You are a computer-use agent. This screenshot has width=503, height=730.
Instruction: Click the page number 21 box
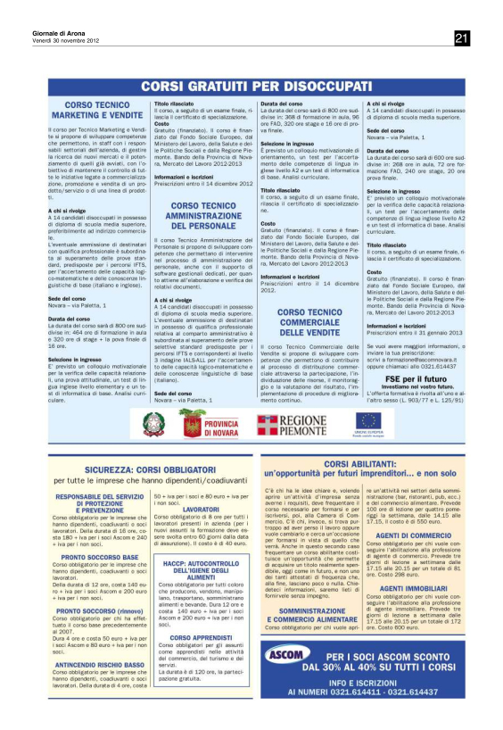(x=462, y=37)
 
